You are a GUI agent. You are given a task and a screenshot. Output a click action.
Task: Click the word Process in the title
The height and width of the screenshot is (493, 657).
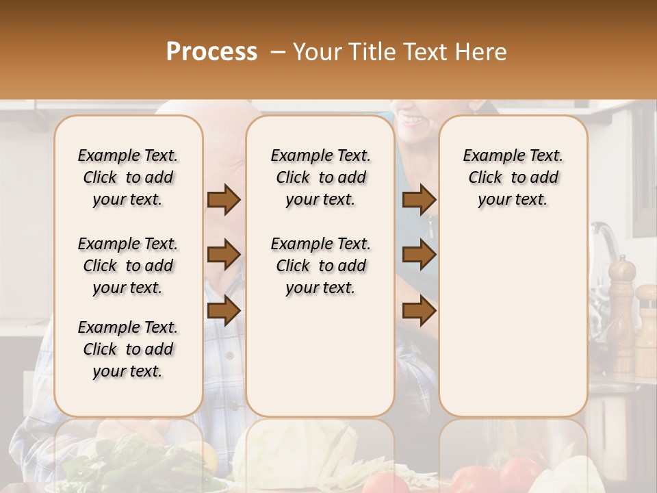click(211, 52)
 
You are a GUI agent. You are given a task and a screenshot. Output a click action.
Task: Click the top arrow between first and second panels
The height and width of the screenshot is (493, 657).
click(224, 200)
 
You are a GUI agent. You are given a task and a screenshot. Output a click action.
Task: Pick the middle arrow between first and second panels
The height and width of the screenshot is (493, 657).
click(224, 255)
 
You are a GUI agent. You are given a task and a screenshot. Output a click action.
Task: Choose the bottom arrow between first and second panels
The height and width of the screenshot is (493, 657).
click(224, 310)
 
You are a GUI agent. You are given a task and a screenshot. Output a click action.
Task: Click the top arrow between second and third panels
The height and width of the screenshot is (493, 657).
click(419, 200)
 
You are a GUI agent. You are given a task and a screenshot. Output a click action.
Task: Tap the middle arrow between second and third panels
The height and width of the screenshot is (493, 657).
click(419, 255)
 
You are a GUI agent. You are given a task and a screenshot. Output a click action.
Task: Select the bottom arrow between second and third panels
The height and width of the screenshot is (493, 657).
click(419, 310)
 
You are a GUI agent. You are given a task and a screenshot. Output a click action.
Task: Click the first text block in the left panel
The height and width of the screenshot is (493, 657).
click(128, 177)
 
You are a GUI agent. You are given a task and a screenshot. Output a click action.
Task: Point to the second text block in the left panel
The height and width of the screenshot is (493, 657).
click(128, 266)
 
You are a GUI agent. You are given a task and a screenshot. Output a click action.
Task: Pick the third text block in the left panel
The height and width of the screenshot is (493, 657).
click(128, 349)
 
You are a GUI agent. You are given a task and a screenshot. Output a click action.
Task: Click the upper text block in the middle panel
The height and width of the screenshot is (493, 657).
click(320, 177)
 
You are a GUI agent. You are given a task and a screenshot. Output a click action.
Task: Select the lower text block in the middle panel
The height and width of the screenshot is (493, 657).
click(320, 266)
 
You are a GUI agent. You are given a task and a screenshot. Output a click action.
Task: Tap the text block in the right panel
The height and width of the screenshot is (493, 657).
click(513, 177)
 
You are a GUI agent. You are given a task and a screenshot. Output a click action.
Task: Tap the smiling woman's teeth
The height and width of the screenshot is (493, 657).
click(413, 119)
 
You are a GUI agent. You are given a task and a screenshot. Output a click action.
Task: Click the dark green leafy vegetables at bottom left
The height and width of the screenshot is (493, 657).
click(103, 466)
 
